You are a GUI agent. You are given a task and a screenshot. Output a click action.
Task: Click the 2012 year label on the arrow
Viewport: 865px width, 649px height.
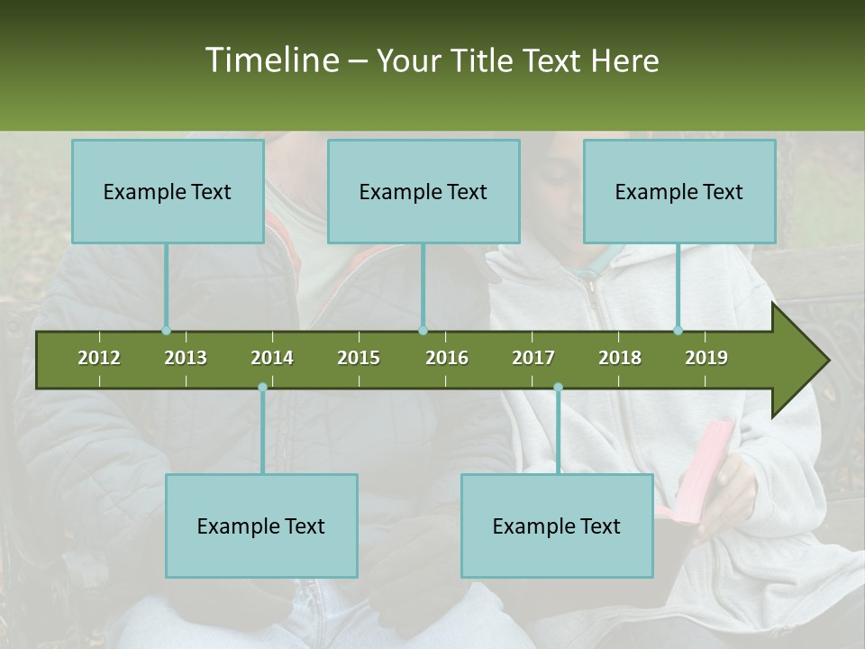(99, 358)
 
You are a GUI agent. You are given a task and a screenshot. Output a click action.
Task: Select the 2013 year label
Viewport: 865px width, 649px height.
(186, 358)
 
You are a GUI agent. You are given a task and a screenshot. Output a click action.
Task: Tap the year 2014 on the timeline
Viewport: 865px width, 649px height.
(272, 358)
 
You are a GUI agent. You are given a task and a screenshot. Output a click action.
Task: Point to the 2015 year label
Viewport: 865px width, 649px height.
(359, 358)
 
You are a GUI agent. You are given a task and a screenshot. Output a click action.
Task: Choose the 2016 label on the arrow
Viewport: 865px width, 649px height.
(447, 358)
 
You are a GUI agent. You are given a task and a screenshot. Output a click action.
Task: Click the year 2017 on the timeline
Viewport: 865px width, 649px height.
(533, 358)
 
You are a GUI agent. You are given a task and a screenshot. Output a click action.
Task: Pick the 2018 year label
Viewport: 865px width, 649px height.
(620, 358)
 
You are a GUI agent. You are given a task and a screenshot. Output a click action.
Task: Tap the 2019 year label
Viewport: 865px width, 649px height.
(706, 358)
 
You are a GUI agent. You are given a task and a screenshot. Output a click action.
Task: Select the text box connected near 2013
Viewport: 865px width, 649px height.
(168, 191)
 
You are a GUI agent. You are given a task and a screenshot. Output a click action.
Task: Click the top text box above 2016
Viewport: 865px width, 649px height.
(423, 191)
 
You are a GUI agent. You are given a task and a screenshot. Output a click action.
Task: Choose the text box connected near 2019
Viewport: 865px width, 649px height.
(679, 191)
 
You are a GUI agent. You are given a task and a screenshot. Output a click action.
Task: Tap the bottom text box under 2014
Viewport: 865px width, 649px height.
(261, 526)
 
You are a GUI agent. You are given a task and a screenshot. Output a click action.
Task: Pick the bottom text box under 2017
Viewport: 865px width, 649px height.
(557, 526)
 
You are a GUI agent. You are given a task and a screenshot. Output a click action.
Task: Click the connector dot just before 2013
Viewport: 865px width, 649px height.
(166, 331)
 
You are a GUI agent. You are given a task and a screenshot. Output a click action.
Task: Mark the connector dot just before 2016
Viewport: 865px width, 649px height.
(423, 331)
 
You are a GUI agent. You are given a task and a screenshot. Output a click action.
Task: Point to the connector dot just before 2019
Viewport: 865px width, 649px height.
(678, 331)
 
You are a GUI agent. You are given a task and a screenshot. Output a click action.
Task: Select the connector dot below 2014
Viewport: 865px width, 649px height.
(262, 388)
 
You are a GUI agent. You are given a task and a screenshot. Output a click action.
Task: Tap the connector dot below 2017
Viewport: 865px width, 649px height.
(558, 388)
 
